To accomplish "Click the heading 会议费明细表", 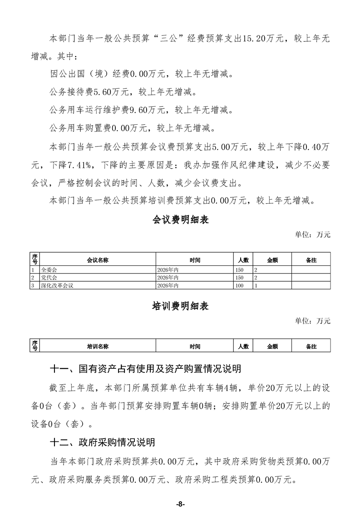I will [180, 220].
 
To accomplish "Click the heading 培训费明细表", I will [180, 307].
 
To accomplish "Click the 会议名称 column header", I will [98, 260].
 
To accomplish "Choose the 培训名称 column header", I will [98, 347].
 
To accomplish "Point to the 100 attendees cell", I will [240, 286].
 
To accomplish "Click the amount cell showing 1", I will [256, 286].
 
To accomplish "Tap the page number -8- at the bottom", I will [180, 491].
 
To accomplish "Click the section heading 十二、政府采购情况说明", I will [102, 442].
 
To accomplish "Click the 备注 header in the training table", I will [311, 347].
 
